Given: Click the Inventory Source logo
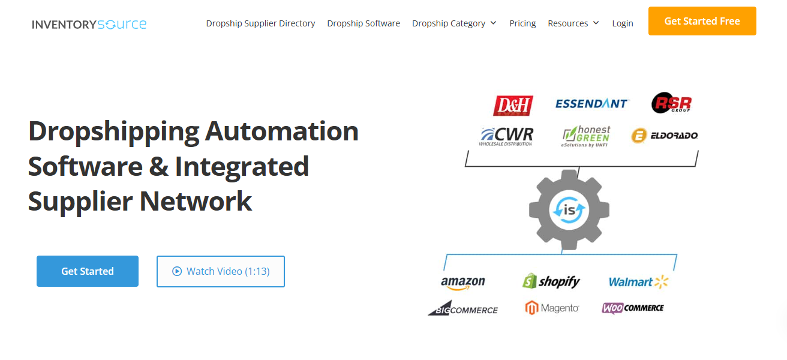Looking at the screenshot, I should click(x=89, y=24).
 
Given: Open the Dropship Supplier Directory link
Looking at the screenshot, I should click(x=260, y=23).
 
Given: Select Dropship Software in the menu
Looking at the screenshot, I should click(x=364, y=23).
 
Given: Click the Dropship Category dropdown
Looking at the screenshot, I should click(x=454, y=23).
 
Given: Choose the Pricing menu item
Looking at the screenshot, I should click(x=522, y=23).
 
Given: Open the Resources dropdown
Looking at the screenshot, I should click(x=573, y=23).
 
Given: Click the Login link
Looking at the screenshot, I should click(x=623, y=23).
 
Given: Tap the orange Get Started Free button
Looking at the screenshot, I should click(x=702, y=21).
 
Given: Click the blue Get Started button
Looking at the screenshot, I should click(x=88, y=271).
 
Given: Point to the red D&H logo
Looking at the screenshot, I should click(x=513, y=106).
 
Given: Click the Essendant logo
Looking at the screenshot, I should click(x=591, y=104).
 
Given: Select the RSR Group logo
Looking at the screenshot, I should click(x=672, y=103).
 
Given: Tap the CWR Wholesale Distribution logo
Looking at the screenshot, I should click(x=506, y=136).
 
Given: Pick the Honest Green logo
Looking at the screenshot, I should click(x=586, y=136).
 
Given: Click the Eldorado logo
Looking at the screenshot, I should click(x=665, y=136).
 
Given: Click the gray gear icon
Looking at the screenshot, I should click(x=569, y=209).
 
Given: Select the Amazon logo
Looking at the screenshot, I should click(x=462, y=283).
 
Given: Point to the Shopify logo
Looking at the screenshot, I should click(x=551, y=281).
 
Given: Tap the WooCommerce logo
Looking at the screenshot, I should click(x=633, y=308).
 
